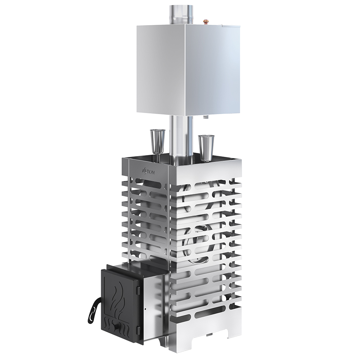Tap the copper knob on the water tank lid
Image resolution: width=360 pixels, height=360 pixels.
206,22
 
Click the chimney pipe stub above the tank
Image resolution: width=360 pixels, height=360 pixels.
181,15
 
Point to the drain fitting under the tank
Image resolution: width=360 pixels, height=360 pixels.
206,117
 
